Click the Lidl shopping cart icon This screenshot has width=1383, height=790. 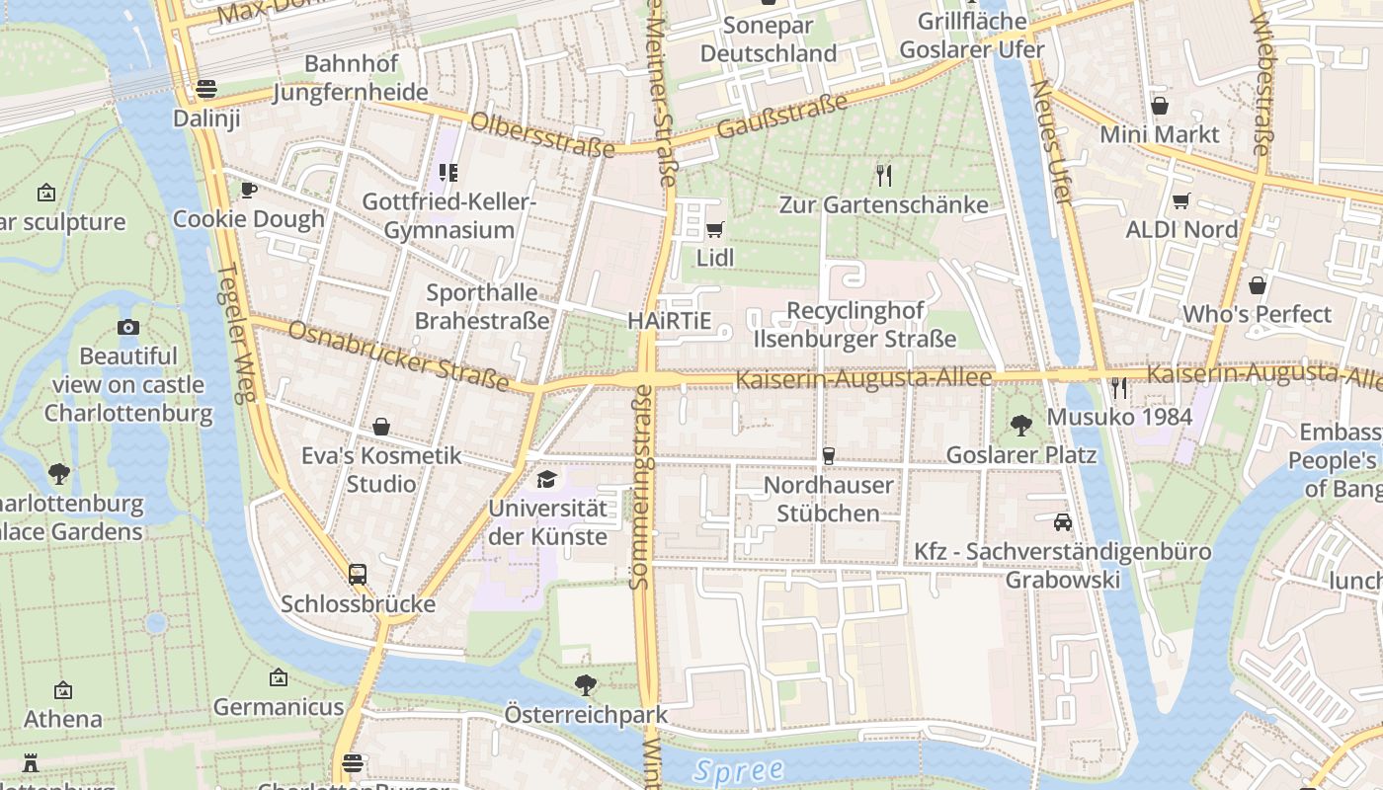[714, 230]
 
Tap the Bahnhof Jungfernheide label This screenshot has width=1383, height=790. [351, 78]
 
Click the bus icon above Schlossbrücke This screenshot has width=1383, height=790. [358, 574]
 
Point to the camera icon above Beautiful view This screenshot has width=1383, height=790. [128, 327]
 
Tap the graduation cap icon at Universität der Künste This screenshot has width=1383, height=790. [546, 480]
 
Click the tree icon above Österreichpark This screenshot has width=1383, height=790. [586, 683]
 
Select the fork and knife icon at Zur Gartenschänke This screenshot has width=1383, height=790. [884, 176]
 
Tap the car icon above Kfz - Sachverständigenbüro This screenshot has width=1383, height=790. [1063, 521]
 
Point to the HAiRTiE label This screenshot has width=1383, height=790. [669, 321]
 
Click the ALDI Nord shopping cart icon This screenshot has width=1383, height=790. [1180, 201]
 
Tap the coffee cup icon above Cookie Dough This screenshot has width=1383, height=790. [249, 190]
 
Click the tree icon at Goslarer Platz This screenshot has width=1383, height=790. [1021, 426]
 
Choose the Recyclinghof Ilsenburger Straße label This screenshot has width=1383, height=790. [855, 325]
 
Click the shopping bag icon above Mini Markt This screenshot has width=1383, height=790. [1160, 105]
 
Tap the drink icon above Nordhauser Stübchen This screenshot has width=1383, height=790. [829, 455]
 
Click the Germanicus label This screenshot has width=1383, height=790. [279, 707]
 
